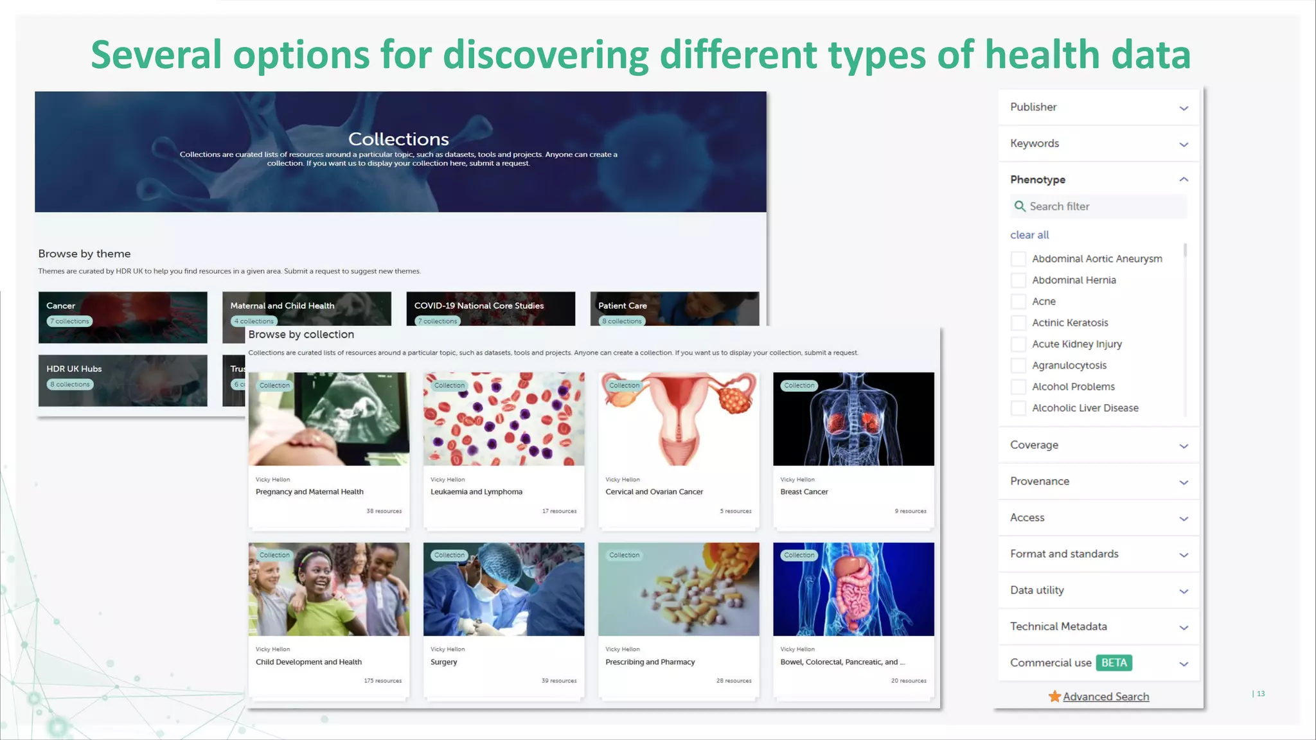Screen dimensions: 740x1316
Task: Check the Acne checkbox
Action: (1018, 301)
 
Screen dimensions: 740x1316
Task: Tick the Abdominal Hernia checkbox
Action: (1018, 280)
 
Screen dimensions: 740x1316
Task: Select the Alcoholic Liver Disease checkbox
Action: (1018, 408)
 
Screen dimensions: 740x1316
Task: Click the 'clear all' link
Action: (1029, 235)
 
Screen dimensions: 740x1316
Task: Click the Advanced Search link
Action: (1105, 697)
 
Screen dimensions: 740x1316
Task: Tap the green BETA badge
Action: (1114, 663)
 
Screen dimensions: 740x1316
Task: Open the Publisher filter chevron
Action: (1184, 108)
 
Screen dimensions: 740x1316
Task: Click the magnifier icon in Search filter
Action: (1019, 206)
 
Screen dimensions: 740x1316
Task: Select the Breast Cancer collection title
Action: (804, 492)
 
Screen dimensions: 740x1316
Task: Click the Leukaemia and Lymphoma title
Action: (476, 492)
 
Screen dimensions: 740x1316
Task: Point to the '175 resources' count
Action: (382, 681)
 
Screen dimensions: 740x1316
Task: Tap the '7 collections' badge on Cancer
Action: (69, 321)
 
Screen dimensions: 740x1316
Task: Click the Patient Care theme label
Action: (622, 306)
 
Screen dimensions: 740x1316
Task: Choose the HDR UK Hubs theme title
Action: (74, 369)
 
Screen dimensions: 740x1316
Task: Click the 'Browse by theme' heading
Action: (84, 254)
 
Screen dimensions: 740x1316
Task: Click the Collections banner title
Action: (398, 139)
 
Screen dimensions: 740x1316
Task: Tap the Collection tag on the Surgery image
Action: (449, 555)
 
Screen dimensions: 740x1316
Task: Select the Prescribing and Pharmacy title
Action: (650, 662)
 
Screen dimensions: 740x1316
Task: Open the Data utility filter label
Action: (1036, 590)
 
